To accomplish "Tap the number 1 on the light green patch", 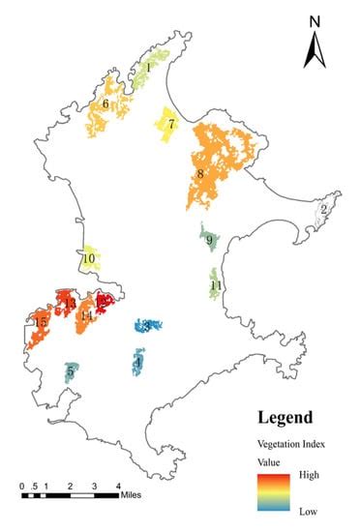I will [x=148, y=68].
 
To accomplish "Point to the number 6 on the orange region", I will [x=105, y=103].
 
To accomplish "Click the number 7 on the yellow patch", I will [x=170, y=125].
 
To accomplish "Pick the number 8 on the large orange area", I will [x=200, y=175].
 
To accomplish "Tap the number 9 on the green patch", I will [x=209, y=240].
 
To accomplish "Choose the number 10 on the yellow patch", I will [x=88, y=259].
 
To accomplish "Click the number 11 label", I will [x=216, y=285].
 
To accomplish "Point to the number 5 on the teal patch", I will [x=71, y=370].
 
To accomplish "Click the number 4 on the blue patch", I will [x=138, y=362].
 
